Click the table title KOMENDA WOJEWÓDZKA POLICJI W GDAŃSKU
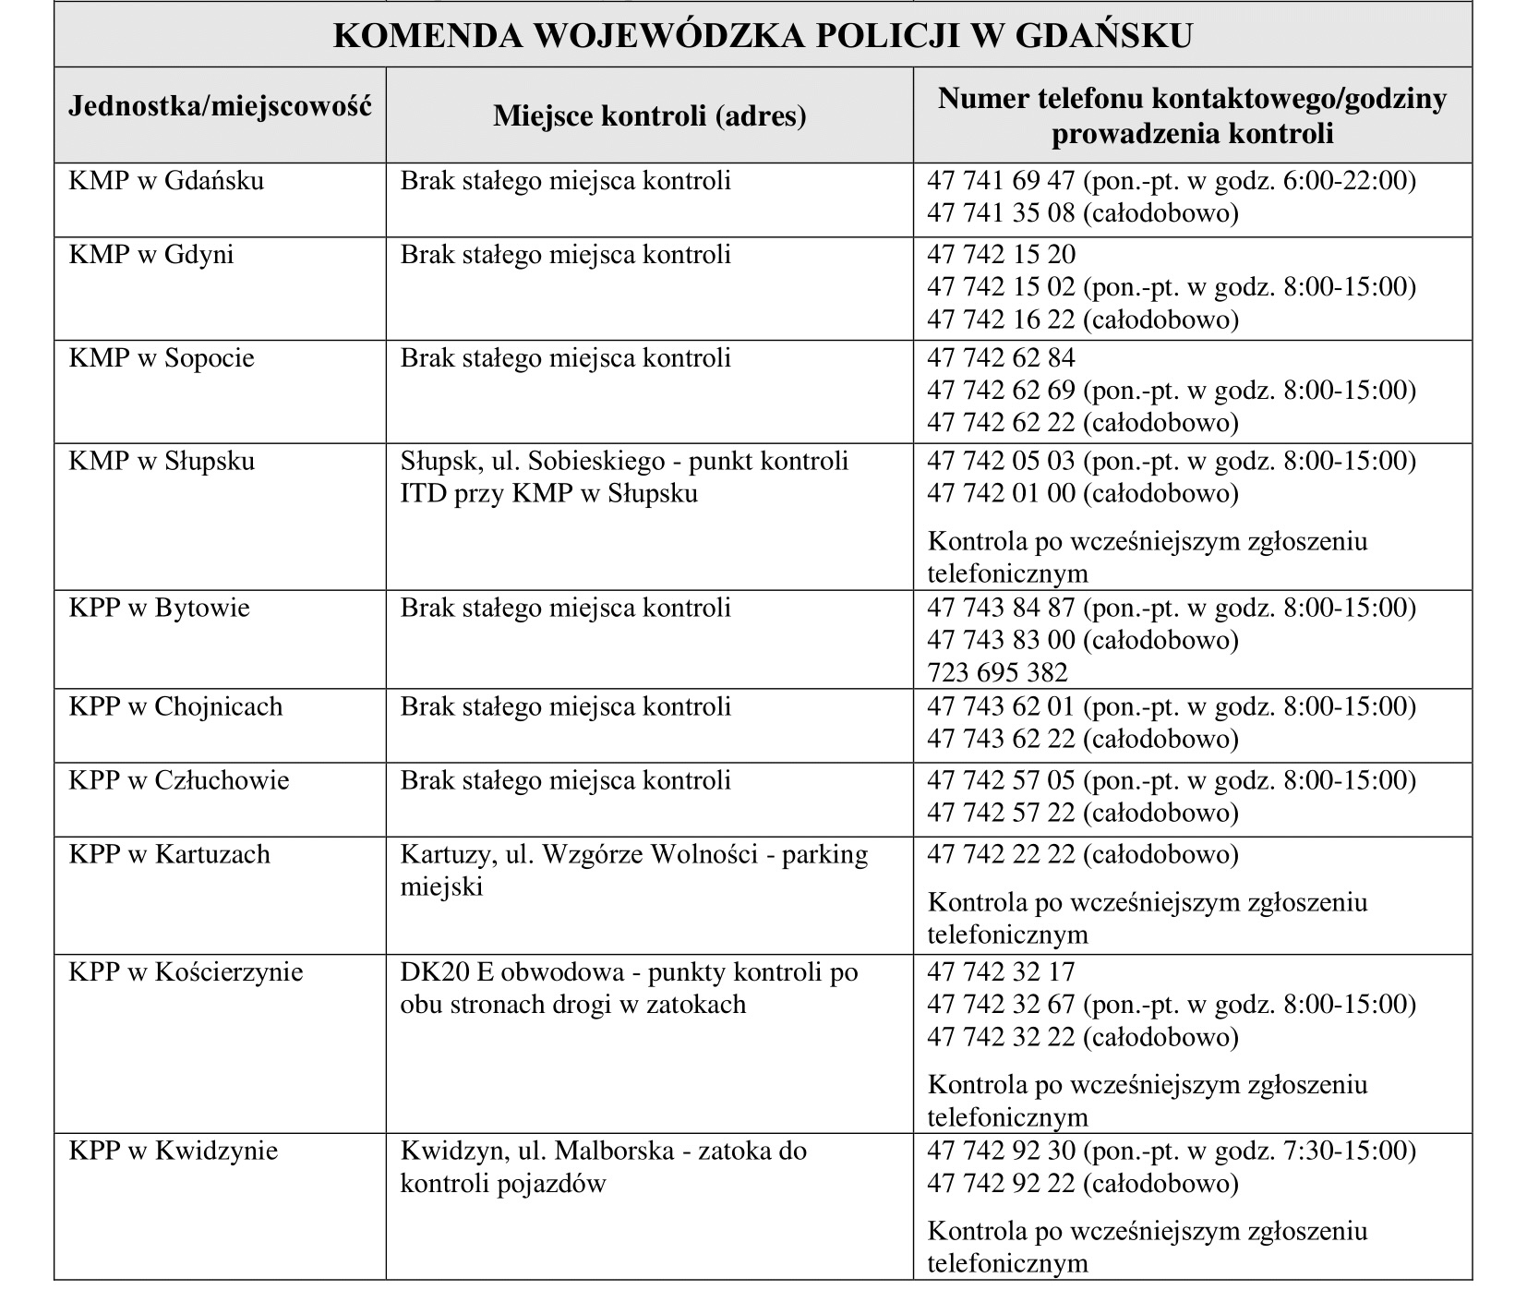pyautogui.click(x=762, y=35)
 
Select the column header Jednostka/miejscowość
pyautogui.click(x=220, y=106)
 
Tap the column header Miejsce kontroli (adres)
pyautogui.click(x=649, y=116)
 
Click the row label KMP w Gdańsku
pyautogui.click(x=166, y=180)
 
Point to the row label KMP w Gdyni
pyautogui.click(x=151, y=254)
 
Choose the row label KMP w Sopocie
pyautogui.click(x=162, y=357)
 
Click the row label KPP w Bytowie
pyautogui.click(x=159, y=608)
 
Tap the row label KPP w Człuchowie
pyautogui.click(x=179, y=780)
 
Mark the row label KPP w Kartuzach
pyautogui.click(x=169, y=854)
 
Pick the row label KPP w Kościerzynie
pyautogui.click(x=186, y=971)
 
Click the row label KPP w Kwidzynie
pyautogui.click(x=173, y=1151)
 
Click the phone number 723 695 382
pyautogui.click(x=997, y=672)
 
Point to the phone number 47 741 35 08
pyautogui.click(x=1001, y=212)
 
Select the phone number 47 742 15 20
pyautogui.click(x=1001, y=254)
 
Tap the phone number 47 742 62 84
pyautogui.click(x=1001, y=357)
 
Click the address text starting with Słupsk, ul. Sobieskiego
pyautogui.click(x=624, y=476)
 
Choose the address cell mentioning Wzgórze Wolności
pyautogui.click(x=633, y=870)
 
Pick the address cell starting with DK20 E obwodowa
pyautogui.click(x=629, y=987)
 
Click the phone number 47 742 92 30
pyautogui.click(x=1001, y=1151)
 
